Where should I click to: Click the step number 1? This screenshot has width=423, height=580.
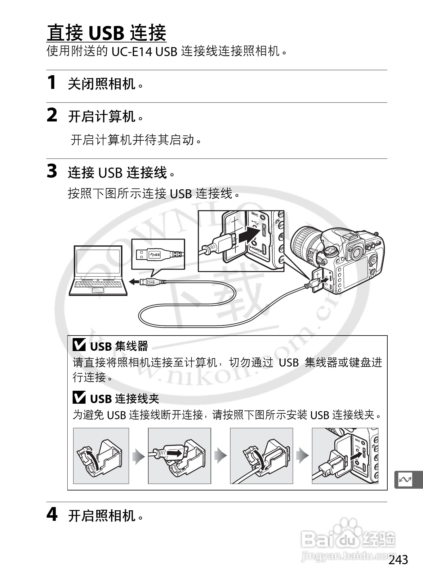[52, 83]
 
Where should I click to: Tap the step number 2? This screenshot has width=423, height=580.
[52, 115]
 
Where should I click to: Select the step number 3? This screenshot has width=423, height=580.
[52, 171]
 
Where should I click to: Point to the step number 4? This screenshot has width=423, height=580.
[52, 515]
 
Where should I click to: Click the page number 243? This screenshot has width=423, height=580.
[398, 560]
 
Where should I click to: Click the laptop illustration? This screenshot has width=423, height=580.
[98, 270]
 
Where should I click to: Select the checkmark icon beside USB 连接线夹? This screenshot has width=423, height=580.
[79, 398]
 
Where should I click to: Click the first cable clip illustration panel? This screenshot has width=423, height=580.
[101, 456]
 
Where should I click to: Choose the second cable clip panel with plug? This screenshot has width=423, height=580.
[179, 456]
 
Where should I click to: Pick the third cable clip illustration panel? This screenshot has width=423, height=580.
[261, 456]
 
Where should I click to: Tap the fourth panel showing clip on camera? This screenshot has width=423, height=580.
[345, 456]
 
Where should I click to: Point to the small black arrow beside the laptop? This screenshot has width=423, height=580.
[134, 282]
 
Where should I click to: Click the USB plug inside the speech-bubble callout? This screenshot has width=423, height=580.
[158, 254]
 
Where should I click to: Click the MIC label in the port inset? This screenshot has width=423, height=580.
[255, 214]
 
